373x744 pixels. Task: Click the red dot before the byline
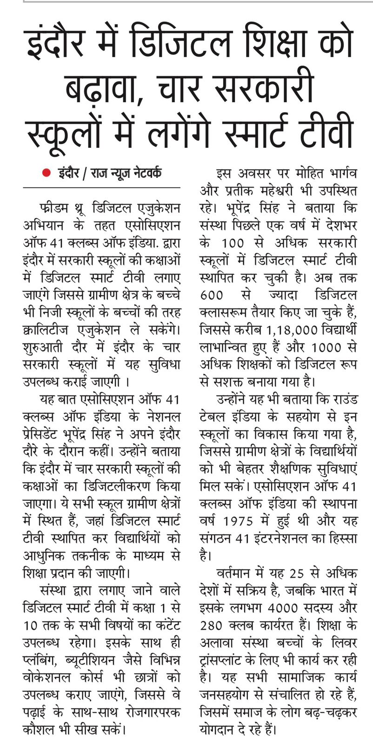coord(46,173)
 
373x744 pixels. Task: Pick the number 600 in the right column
coord(212,295)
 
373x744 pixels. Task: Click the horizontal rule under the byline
coord(101,187)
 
